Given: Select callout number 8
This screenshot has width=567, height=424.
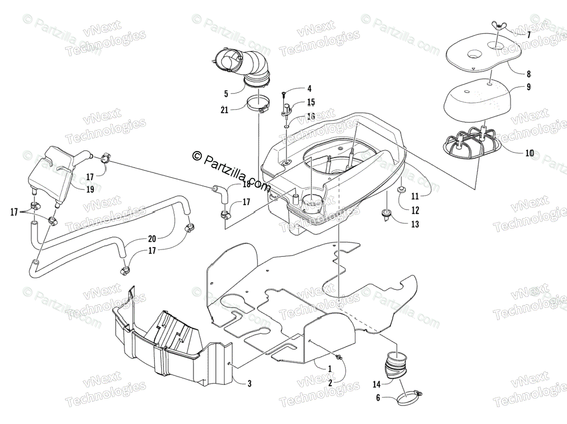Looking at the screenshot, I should pyautogui.click(x=529, y=74).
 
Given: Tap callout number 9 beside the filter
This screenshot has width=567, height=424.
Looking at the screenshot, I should pyautogui.click(x=529, y=87).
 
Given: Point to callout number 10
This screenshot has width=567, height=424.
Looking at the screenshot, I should pyautogui.click(x=529, y=153).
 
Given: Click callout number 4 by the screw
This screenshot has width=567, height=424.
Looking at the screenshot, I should pyautogui.click(x=309, y=88).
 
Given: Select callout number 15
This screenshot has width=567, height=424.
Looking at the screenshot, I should pyautogui.click(x=310, y=102).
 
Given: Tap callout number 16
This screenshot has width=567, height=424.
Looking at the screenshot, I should pyautogui.click(x=310, y=116).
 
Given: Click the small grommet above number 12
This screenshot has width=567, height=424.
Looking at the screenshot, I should pyautogui.click(x=402, y=189).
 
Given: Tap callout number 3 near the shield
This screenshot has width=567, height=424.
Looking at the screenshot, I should pyautogui.click(x=249, y=383).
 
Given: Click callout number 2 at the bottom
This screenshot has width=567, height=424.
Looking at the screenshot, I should pyautogui.click(x=330, y=383).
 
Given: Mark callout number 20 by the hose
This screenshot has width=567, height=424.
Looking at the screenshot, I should pyautogui.click(x=151, y=238).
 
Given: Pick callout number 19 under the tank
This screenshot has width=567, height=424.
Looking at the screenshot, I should pyautogui.click(x=90, y=189).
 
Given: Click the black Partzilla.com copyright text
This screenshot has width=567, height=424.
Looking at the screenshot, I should pyautogui.click(x=232, y=171).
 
